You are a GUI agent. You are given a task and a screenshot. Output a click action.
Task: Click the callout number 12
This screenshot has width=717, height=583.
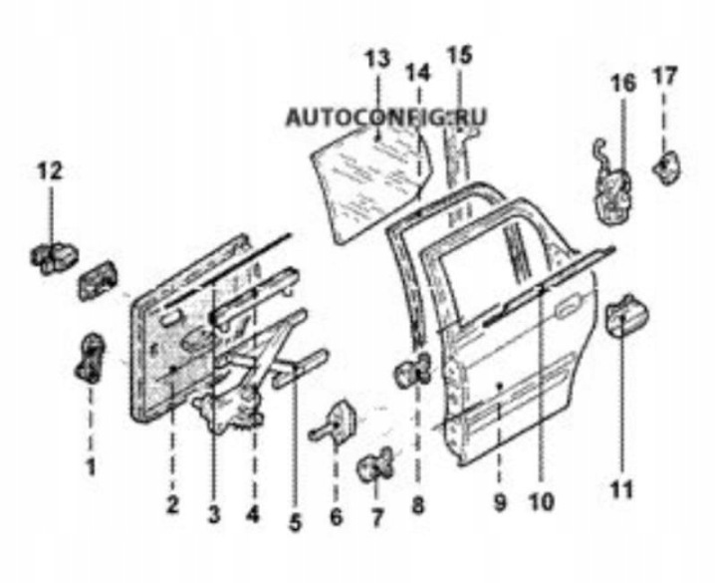(x=50, y=172)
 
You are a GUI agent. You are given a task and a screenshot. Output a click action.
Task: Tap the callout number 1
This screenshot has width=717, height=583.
(x=92, y=467)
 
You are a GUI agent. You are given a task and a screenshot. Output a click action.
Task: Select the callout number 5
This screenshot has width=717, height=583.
(x=296, y=522)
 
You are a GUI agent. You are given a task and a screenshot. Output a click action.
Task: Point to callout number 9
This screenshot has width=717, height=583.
(x=500, y=503)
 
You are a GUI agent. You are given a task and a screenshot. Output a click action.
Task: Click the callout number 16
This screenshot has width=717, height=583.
(x=623, y=83)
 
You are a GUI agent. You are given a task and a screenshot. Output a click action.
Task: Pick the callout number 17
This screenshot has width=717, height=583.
(x=664, y=76)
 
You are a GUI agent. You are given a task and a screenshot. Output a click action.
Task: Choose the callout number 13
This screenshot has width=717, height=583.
(x=377, y=59)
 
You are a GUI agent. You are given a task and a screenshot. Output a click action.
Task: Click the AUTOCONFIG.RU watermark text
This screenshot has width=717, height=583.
(x=385, y=118)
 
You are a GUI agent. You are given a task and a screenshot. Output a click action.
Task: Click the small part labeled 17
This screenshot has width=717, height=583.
(x=666, y=167)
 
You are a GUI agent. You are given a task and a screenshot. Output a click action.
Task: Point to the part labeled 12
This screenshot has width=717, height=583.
(x=54, y=258)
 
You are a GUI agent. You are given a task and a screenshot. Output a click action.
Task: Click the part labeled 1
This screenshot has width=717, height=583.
(x=90, y=358)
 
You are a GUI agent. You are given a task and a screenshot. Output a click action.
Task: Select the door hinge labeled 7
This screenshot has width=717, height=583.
(x=375, y=464)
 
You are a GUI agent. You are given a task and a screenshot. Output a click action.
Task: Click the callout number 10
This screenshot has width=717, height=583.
(x=541, y=502)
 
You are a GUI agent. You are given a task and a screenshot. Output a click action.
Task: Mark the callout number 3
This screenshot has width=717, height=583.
(x=213, y=516)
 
